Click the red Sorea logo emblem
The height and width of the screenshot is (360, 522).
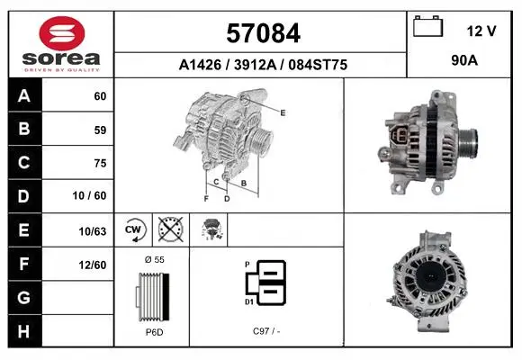(x=62, y=33)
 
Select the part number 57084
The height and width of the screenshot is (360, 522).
(x=264, y=33)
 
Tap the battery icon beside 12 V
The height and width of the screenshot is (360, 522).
(x=427, y=26)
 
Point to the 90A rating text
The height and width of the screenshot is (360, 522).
(x=464, y=60)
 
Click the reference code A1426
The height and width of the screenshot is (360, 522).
(x=200, y=65)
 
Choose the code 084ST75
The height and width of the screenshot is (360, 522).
(x=318, y=65)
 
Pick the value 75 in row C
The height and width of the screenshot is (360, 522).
(x=100, y=163)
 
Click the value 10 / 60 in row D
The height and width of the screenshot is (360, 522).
(x=89, y=195)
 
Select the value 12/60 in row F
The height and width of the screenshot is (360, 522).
(x=93, y=265)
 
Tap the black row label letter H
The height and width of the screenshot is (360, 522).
(x=23, y=331)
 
